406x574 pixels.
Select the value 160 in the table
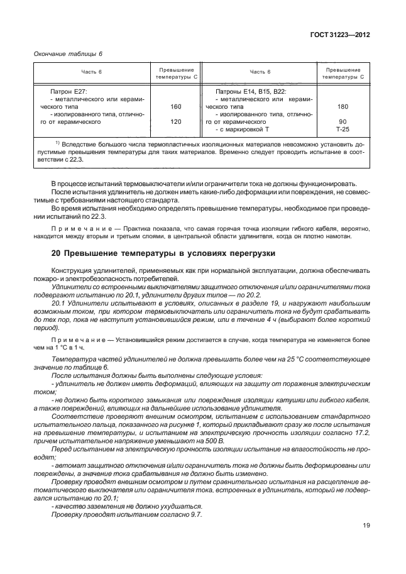176,107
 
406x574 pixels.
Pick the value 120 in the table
176,121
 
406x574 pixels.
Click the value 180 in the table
343,107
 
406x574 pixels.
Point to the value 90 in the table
343,121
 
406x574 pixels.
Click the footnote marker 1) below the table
57,143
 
